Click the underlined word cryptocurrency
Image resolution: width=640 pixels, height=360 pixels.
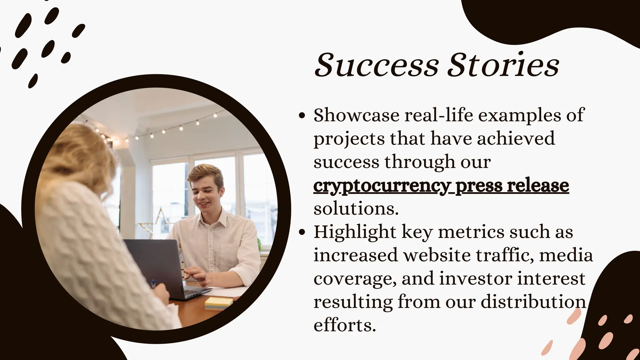381,186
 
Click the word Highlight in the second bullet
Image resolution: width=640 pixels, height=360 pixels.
355,232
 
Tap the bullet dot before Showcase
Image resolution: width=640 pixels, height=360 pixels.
302,116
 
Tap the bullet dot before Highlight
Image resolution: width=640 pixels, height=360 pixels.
302,232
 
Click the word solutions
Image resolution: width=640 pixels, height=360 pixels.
356,209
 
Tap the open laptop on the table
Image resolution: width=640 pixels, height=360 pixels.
156,266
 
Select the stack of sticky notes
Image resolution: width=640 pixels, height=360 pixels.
219,303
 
